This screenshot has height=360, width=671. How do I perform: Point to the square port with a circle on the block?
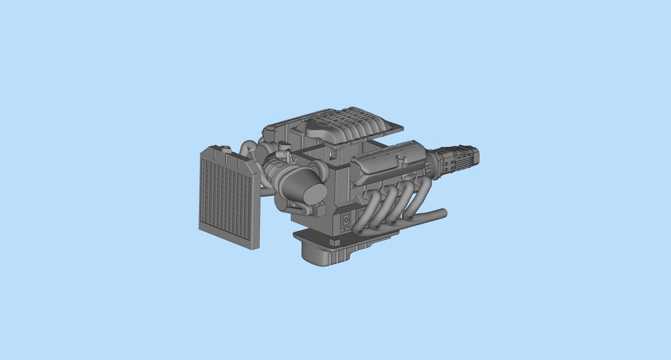pos(346,220)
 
